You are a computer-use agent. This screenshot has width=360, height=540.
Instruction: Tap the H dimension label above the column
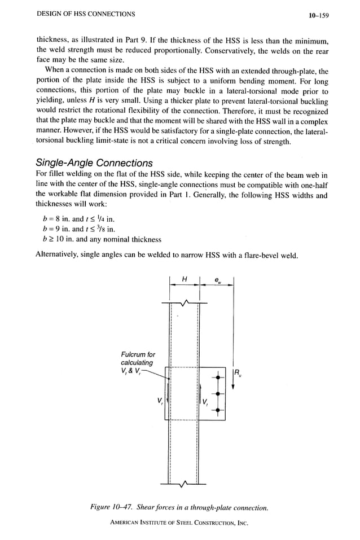184,279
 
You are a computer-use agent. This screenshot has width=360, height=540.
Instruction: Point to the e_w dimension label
218,280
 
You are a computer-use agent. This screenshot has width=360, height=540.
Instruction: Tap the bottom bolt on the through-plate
217,410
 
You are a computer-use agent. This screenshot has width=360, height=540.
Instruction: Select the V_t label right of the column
205,403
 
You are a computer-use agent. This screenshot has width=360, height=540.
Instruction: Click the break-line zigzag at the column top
184,304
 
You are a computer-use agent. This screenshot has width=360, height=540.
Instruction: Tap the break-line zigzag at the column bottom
184,484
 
